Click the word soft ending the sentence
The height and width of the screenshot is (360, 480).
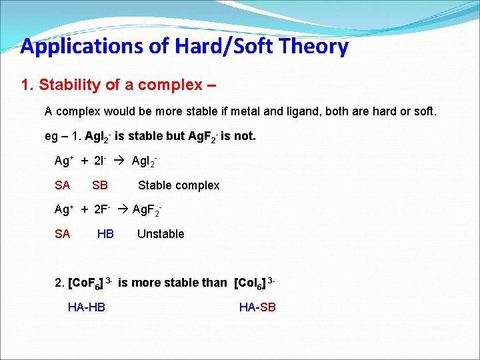click(423, 111)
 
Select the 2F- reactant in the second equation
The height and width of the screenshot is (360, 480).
click(104, 210)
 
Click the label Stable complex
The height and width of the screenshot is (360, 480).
click(178, 185)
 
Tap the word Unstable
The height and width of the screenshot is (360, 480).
click(160, 234)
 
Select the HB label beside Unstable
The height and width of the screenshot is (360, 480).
click(105, 234)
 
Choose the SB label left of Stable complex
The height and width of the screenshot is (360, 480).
click(100, 185)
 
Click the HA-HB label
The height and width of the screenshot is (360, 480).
click(87, 307)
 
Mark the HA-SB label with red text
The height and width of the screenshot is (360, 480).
click(257, 307)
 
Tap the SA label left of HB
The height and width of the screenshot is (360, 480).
click(62, 234)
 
